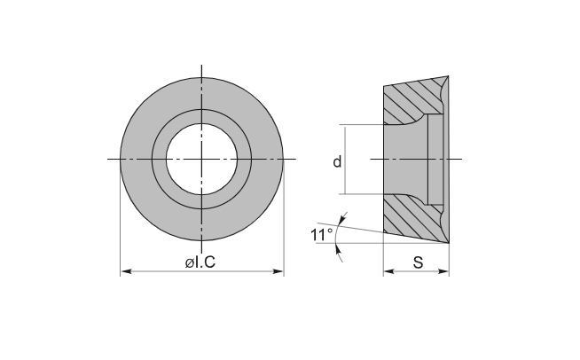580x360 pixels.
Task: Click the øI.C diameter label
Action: coord(200,262)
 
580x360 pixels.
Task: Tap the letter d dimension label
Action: coord(337,161)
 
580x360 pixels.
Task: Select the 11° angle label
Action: coord(321,235)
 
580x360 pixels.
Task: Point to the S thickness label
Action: coord(418,262)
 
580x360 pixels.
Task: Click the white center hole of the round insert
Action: coord(201,159)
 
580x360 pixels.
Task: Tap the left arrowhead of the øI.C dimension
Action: coord(126,271)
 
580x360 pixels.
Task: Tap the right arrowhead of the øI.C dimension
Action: coord(278,271)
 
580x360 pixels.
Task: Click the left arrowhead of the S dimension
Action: coord(388,271)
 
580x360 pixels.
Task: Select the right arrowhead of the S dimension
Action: coord(443,271)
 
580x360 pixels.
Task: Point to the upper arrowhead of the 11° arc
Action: coord(342,219)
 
